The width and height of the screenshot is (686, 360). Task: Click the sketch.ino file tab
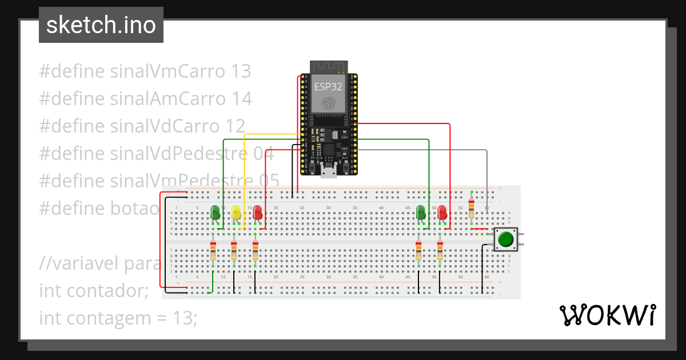coord(101,25)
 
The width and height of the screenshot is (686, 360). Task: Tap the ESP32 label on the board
coord(328,87)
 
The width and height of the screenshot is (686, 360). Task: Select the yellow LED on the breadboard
coord(236,213)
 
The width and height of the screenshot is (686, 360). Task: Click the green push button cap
coord(505,238)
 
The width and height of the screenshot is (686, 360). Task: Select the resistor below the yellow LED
coord(234,251)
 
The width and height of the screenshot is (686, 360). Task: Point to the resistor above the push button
coord(471,208)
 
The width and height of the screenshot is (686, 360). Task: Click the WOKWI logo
coord(607,315)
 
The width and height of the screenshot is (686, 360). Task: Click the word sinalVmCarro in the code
coord(167,71)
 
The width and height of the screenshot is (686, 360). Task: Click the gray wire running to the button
coord(486,171)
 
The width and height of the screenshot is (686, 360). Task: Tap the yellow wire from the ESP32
coord(245,171)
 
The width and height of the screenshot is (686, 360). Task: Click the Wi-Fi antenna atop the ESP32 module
coord(328,67)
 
